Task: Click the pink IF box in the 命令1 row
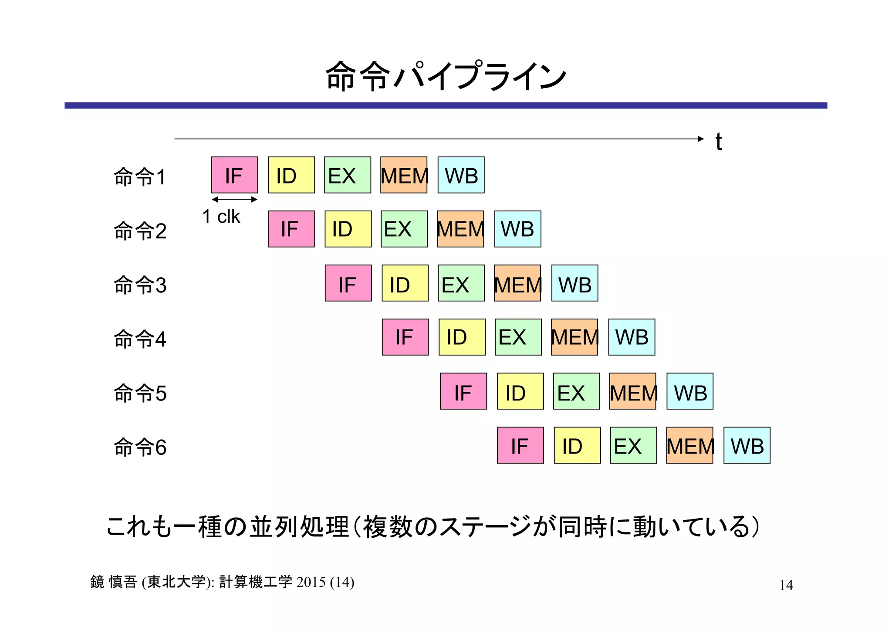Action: [x=234, y=175]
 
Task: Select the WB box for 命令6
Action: [x=747, y=445]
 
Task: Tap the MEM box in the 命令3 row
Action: [x=517, y=283]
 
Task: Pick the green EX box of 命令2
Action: [x=404, y=229]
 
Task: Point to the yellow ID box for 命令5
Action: [x=520, y=391]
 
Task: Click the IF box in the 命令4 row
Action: [x=405, y=337]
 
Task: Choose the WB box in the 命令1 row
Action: [x=461, y=175]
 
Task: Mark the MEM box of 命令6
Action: [x=689, y=445]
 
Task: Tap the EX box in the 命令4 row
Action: [x=518, y=337]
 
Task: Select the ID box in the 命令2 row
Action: [x=348, y=229]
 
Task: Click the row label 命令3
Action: [x=140, y=285]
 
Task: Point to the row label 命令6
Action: [x=140, y=447]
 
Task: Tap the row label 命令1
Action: [x=140, y=177]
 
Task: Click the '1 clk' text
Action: [x=221, y=217]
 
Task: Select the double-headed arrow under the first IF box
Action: [x=234, y=200]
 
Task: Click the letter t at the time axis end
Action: [x=718, y=142]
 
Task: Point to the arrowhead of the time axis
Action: [x=700, y=139]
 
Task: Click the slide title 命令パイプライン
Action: [x=446, y=76]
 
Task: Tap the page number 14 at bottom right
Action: [x=786, y=585]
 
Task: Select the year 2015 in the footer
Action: [x=311, y=582]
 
